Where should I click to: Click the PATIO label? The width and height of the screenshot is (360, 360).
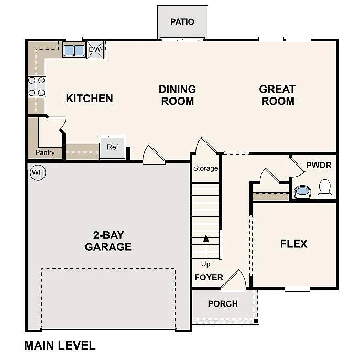[x=182, y=21]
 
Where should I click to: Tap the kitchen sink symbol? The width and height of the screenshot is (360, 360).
[x=74, y=50]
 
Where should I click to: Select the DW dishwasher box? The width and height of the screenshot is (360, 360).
[x=96, y=50]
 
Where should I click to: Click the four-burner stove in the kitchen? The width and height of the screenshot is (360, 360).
[x=37, y=86]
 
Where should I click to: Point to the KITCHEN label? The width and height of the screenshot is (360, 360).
[x=89, y=98]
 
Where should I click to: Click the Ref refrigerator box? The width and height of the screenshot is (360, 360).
[x=113, y=147]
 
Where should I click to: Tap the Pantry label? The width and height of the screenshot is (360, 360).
[x=45, y=152]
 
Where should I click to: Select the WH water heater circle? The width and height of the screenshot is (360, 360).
[x=38, y=172]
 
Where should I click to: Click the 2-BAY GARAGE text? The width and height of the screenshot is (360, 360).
[x=108, y=241]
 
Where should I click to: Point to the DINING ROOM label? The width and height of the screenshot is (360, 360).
[x=177, y=95]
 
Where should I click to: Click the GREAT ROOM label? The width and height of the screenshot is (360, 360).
[x=277, y=95]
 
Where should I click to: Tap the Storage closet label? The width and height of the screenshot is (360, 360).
[x=205, y=168]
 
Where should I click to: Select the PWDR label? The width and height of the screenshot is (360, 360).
[x=319, y=165]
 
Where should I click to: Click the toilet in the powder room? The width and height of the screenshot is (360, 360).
[x=325, y=189]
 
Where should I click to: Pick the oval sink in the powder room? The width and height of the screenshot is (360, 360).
[x=302, y=192]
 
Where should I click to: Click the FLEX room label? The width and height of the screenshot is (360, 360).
[x=293, y=244]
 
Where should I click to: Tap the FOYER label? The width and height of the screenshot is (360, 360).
[x=209, y=277]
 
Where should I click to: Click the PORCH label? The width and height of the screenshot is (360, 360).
[x=223, y=303]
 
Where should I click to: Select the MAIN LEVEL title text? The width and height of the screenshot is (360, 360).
[x=60, y=345]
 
